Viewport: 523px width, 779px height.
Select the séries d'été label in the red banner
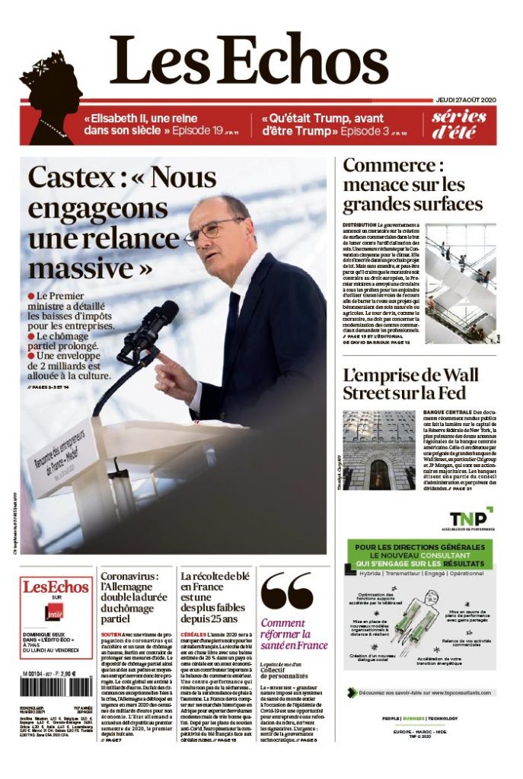(x=459, y=124)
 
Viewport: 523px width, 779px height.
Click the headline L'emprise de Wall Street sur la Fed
(x=410, y=384)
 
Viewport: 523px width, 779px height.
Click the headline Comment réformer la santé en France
(x=294, y=634)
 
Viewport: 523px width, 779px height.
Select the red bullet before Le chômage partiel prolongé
(x=31, y=335)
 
